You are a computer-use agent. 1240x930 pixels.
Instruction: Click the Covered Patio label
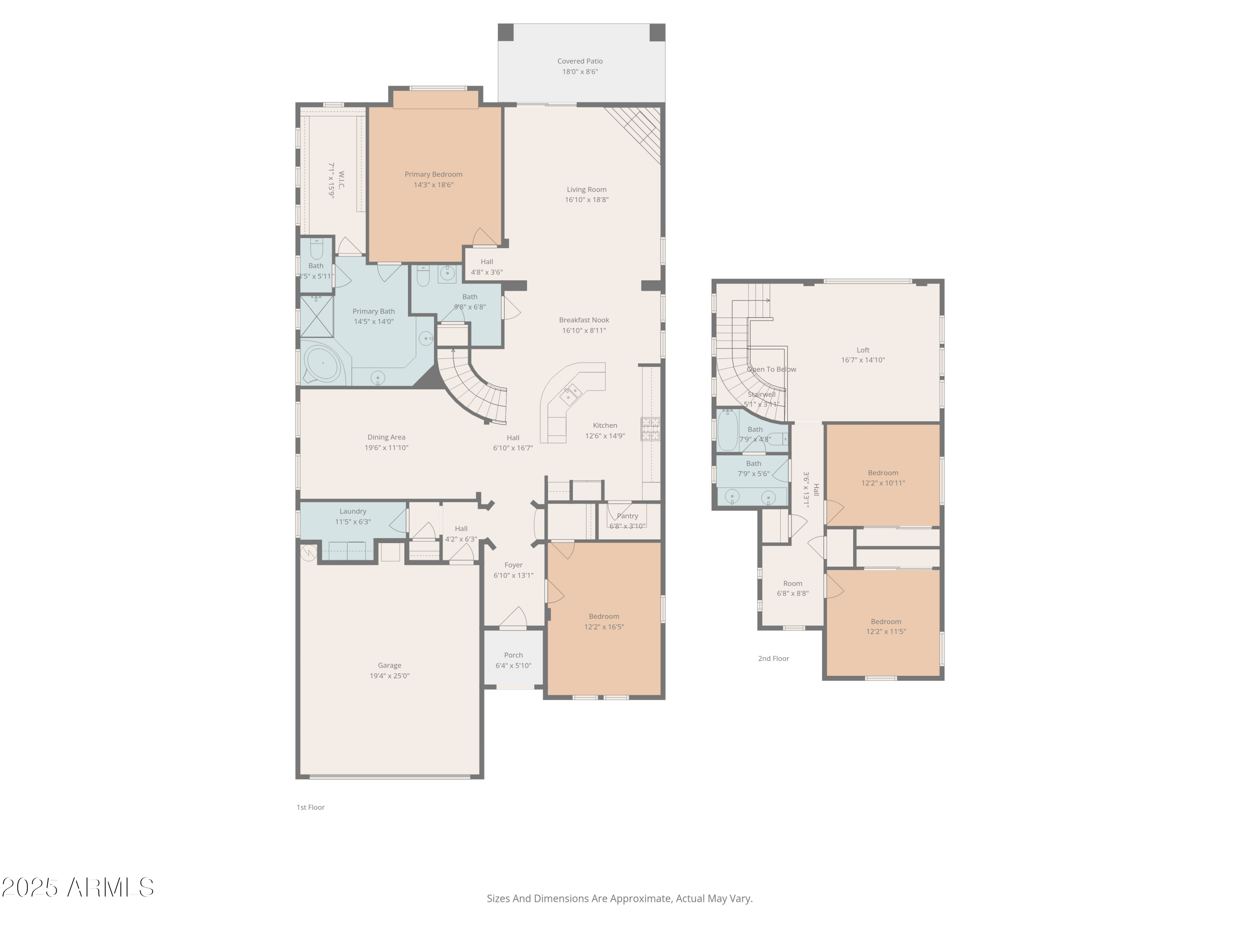579,61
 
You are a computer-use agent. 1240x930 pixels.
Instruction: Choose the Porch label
513,655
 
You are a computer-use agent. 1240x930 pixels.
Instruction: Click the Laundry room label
353,511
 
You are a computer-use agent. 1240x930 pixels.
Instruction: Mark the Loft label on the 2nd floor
863,350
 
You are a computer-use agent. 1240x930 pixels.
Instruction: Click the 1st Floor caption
310,807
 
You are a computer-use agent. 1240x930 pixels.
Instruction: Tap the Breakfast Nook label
584,320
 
